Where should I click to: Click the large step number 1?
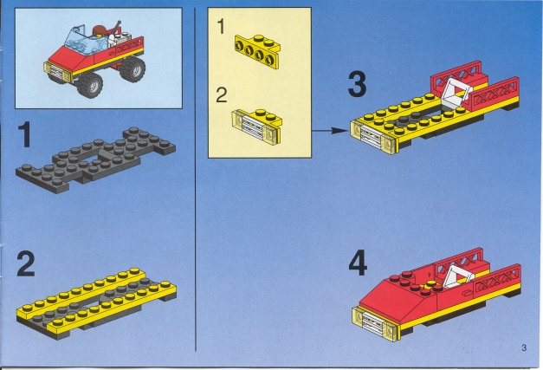(x=24, y=135)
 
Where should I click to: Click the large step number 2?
(x=26, y=264)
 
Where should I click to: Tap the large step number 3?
(x=357, y=84)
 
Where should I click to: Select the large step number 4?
(x=358, y=263)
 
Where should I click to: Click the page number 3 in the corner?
(x=524, y=347)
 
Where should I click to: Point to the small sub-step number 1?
(x=221, y=27)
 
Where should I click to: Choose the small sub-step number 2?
(x=222, y=95)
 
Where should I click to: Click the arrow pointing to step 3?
(x=329, y=131)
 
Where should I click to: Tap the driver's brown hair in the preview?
(x=100, y=30)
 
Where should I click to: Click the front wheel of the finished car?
(x=90, y=85)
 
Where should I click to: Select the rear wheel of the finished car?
(x=133, y=68)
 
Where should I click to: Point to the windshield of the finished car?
(x=82, y=42)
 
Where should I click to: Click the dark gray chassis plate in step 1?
(x=95, y=159)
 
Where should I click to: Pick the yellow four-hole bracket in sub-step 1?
(x=257, y=51)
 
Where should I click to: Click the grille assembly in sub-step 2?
(x=256, y=127)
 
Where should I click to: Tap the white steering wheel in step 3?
(x=456, y=92)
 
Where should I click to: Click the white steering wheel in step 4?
(x=458, y=278)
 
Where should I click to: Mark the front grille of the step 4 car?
(x=375, y=324)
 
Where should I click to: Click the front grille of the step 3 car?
(x=373, y=137)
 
